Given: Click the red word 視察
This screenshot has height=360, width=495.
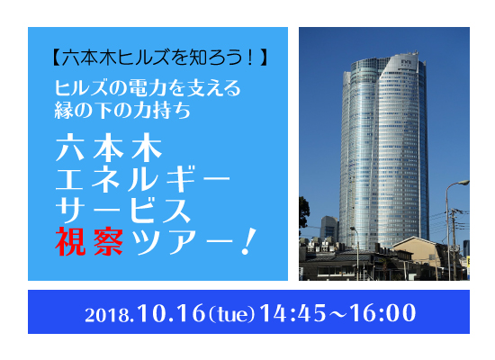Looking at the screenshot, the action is point(89,241).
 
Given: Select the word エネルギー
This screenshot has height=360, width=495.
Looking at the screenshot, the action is point(143,179).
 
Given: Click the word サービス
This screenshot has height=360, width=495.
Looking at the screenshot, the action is point(123,210).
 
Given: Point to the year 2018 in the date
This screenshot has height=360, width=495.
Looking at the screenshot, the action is point(106,315).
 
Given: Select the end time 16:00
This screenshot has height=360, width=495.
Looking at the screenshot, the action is point(382,313).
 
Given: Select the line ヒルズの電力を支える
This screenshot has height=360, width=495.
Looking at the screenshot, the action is point(148,87).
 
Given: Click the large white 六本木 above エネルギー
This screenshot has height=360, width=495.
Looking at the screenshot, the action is point(109,148).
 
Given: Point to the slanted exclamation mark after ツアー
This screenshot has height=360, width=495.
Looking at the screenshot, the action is point(248,241).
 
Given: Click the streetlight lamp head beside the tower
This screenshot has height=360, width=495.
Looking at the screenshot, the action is point(463,183).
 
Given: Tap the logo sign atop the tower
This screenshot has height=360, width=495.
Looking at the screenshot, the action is point(406,62).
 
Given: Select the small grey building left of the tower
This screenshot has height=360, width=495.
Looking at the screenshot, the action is point(328,228).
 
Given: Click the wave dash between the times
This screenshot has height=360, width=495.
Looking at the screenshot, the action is point(337,313).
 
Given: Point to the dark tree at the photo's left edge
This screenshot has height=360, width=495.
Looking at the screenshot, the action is point(303,211).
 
